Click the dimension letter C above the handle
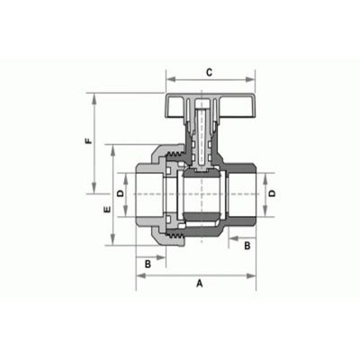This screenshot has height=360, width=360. click(210, 72)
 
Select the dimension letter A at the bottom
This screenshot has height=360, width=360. click(200, 283)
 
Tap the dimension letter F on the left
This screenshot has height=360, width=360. click(88, 140)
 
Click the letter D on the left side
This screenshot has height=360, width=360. click(120, 193)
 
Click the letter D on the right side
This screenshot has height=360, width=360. click(272, 193)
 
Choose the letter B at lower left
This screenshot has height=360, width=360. click(148, 265)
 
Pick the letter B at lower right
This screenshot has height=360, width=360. click(247, 246)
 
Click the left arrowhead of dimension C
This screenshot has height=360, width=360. click(171, 79)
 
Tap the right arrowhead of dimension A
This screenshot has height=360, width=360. click(251, 275)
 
